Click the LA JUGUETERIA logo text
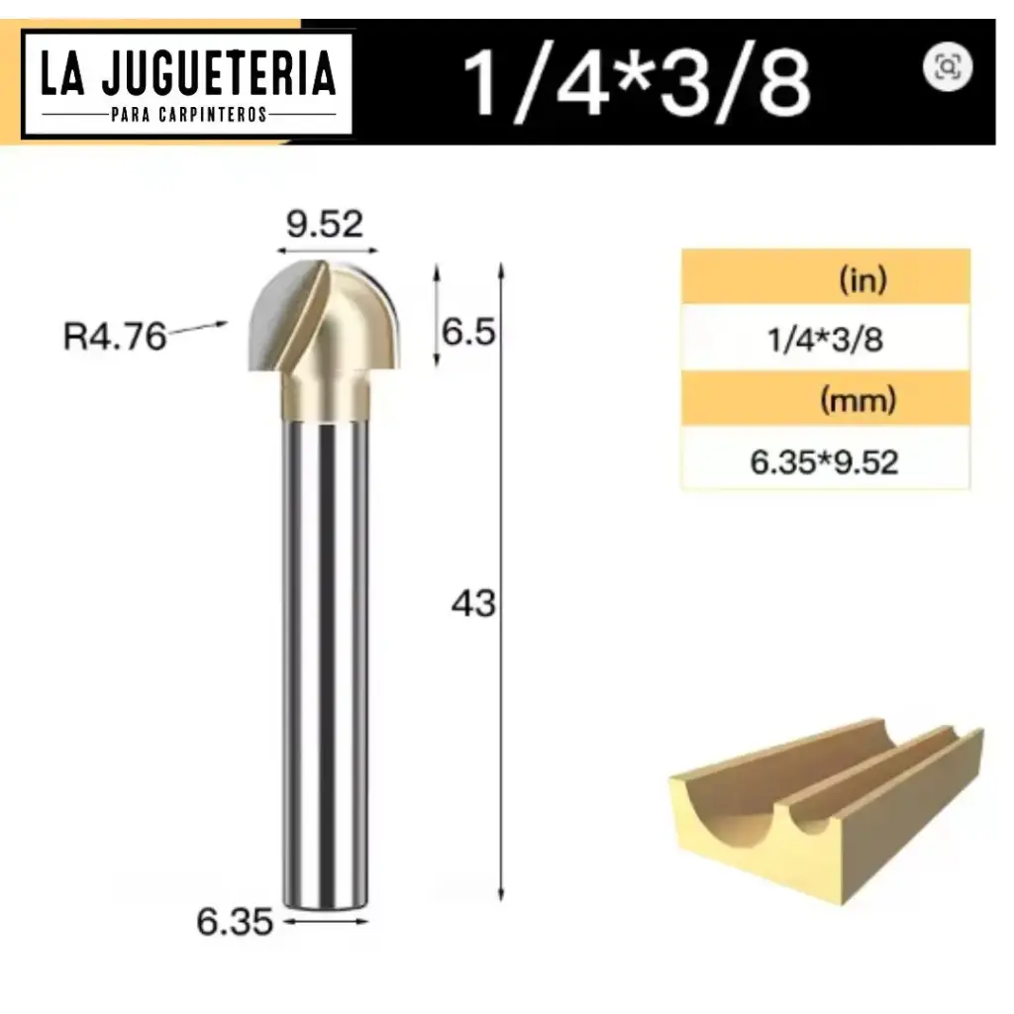(x=188, y=75)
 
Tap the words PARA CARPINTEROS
(x=188, y=114)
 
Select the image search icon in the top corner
(x=948, y=66)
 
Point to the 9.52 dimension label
(x=326, y=226)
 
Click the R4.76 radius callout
(x=114, y=337)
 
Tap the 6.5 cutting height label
(x=467, y=332)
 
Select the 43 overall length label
(x=472, y=602)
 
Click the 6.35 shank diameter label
(x=235, y=922)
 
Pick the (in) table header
(x=862, y=280)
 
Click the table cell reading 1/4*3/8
(x=825, y=340)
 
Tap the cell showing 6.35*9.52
(x=824, y=462)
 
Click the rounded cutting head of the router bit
(x=322, y=317)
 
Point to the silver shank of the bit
(x=326, y=644)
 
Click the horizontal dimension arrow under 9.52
(x=326, y=250)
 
